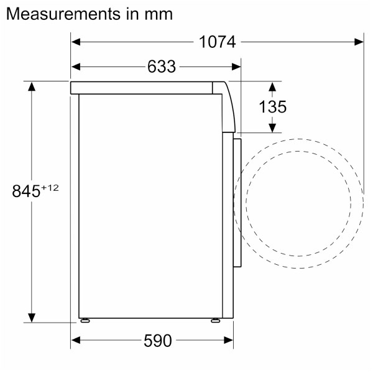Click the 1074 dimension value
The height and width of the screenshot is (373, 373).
coord(218,42)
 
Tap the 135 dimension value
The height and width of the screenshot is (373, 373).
coord(272,107)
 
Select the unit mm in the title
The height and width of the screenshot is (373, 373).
coord(157,13)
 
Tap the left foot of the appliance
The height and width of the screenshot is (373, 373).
coord(83,321)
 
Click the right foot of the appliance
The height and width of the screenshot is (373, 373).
coord(215,321)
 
